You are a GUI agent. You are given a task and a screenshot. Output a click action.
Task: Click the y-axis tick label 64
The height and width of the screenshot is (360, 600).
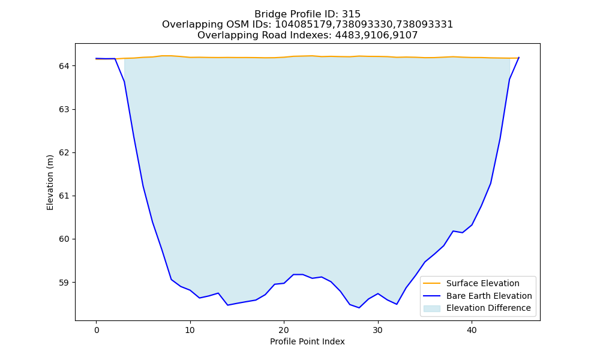[x=64, y=66]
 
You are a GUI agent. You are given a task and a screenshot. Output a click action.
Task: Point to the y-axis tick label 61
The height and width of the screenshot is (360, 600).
[x=64, y=196]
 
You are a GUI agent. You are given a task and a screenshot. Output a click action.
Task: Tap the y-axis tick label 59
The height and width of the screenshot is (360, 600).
[x=64, y=283]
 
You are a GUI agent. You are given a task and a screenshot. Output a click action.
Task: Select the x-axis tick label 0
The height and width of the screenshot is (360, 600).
[x=97, y=330]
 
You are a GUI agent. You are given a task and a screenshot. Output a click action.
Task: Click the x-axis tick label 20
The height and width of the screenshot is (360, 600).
[x=284, y=330]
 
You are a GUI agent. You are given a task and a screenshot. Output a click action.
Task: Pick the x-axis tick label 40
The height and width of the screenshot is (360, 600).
[x=472, y=330]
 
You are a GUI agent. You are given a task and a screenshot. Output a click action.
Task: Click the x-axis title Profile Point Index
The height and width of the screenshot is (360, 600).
[x=307, y=341]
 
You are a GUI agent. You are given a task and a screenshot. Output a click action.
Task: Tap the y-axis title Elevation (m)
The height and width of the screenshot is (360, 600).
[x=50, y=182]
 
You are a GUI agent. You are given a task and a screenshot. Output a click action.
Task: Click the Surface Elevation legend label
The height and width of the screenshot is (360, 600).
[x=483, y=283]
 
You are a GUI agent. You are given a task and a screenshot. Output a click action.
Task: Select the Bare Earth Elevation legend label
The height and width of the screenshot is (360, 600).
[x=489, y=296]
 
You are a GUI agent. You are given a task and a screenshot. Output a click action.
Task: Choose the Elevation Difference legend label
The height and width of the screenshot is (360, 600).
[x=488, y=308]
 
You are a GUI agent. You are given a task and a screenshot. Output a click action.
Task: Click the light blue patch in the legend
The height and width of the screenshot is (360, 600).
[x=431, y=308]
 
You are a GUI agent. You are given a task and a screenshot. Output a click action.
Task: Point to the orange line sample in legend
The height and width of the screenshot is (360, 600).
[x=431, y=283]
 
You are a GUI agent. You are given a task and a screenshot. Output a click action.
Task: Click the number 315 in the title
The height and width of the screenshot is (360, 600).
[x=351, y=14]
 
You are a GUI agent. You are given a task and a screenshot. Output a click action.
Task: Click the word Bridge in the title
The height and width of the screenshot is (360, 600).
[x=267, y=14]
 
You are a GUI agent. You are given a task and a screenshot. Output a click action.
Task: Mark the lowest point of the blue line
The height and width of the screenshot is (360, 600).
[x=359, y=308]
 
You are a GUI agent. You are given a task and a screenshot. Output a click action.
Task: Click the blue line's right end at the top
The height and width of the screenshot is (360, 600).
[x=519, y=58]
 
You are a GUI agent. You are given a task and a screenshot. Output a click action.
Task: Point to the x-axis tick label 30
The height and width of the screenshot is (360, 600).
[x=377, y=330]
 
